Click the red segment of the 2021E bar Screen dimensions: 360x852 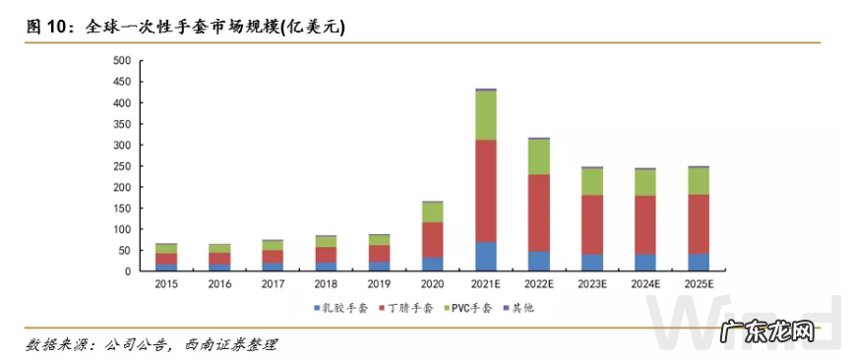click(x=485, y=191)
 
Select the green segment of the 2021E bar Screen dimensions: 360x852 click(x=485, y=115)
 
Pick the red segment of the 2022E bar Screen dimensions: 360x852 click(x=538, y=213)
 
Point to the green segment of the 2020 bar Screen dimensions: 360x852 click(x=432, y=212)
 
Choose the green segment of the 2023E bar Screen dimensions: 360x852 click(x=591, y=182)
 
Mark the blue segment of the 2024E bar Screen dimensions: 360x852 click(x=644, y=263)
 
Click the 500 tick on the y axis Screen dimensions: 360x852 click(x=122, y=61)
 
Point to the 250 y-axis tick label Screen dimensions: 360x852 click(x=122, y=166)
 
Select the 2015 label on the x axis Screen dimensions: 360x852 click(x=166, y=283)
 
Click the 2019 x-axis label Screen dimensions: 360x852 click(x=379, y=283)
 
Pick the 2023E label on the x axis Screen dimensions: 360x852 click(x=591, y=283)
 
